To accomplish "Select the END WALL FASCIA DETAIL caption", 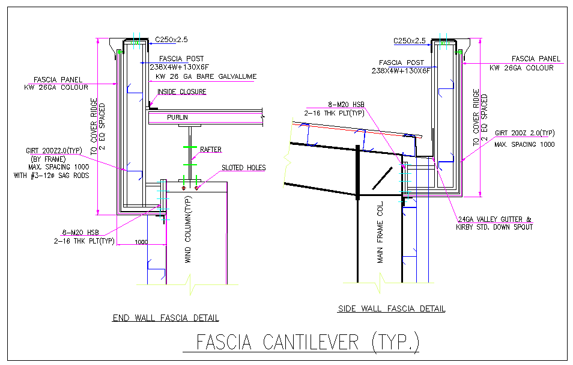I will click(166, 317).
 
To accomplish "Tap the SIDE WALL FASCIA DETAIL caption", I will click(392, 308).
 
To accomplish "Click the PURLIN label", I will click(178, 117).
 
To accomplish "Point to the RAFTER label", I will click(211, 149).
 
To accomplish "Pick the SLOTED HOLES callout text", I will click(243, 168).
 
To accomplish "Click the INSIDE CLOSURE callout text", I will click(181, 92).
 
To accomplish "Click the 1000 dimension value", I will click(141, 242).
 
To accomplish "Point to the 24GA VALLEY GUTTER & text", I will click(495, 219).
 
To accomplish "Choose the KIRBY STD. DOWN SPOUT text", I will click(495, 227).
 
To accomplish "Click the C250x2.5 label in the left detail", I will click(172, 40).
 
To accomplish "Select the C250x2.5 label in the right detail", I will click(410, 41).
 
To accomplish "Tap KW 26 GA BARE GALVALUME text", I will click(205, 76).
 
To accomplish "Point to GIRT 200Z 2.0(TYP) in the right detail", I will click(524, 133).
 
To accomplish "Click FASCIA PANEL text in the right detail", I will click(536, 59).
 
